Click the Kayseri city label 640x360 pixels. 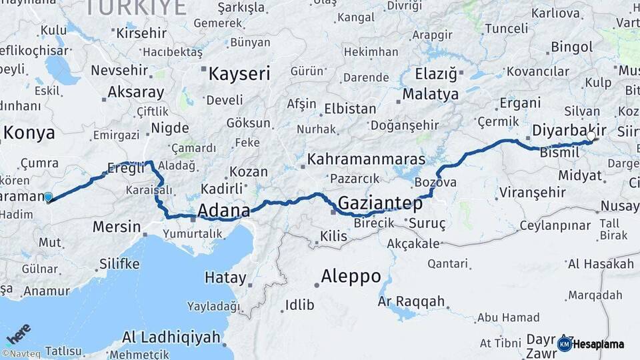point(239,73)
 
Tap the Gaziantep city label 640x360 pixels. point(380,203)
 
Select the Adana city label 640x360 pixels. point(224,211)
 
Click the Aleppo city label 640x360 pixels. point(351,275)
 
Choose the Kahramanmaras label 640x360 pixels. point(366,160)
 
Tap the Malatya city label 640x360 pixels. point(431,94)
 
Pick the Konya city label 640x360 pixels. point(29,133)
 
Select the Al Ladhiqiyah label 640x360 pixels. point(171,337)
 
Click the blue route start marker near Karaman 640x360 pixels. point(48,197)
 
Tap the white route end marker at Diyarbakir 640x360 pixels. point(591,136)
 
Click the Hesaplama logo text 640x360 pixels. point(598,344)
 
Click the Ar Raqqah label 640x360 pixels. point(411,302)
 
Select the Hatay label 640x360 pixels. point(225,277)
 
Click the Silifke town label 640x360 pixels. point(119,263)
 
